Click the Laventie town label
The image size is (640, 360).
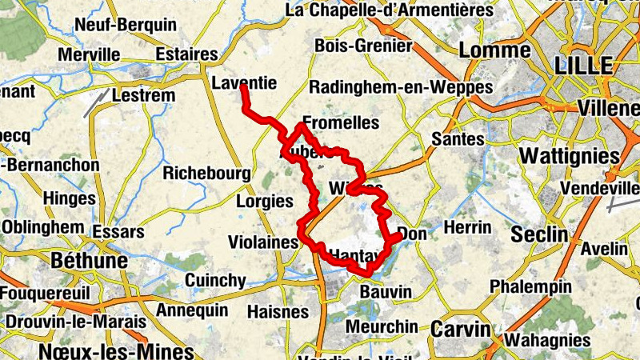[245, 82]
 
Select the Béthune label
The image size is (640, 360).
[89, 261]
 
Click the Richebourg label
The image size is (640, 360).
[207, 173]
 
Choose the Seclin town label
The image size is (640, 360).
[539, 235]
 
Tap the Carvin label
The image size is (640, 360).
[461, 329]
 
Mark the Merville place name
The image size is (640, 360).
[89, 55]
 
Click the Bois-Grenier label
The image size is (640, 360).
[363, 46]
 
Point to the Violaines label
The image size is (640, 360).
[263, 241]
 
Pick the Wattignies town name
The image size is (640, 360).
[570, 154]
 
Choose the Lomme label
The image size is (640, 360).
[495, 50]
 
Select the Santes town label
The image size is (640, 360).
[458, 139]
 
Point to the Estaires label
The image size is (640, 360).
[187, 54]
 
